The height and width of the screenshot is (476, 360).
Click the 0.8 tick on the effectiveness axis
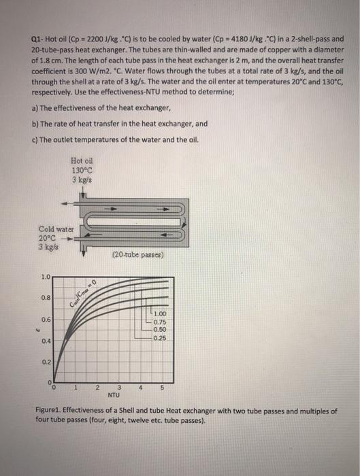pyautogui.click(x=45, y=297)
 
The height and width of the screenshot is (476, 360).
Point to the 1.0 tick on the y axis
pyautogui.click(x=45, y=277)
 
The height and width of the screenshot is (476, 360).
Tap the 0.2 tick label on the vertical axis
pyautogui.click(x=45, y=362)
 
